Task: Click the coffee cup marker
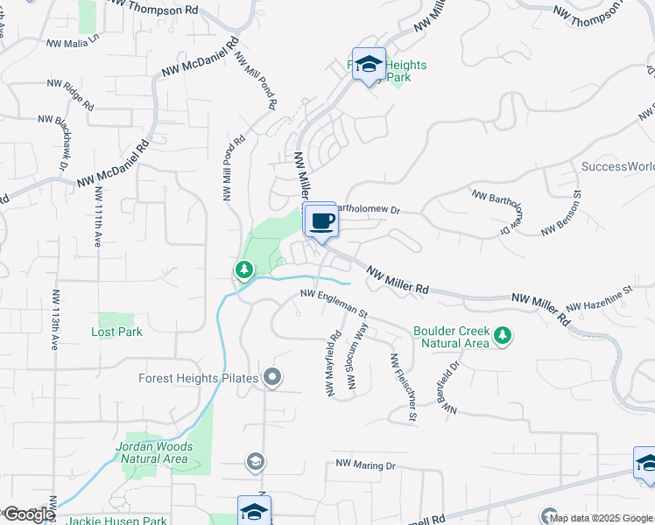(x=321, y=220)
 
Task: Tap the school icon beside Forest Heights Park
(x=369, y=64)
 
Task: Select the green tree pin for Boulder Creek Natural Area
(x=503, y=337)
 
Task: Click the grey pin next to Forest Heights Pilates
(x=272, y=378)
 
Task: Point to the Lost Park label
(x=116, y=332)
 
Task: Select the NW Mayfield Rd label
(x=334, y=361)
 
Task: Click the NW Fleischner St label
(x=403, y=388)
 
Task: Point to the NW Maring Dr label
(x=366, y=465)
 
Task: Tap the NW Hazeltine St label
(x=599, y=299)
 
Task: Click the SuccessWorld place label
(x=618, y=166)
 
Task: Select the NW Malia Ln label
(x=74, y=40)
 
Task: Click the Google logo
(x=28, y=514)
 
